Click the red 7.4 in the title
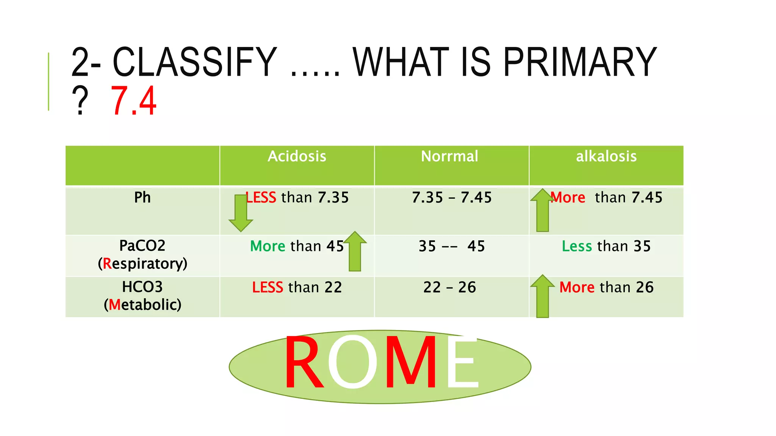(x=133, y=101)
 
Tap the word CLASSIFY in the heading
(x=195, y=62)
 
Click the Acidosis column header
(x=297, y=156)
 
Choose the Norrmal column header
(x=449, y=156)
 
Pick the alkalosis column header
(x=606, y=156)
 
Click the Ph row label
(x=142, y=198)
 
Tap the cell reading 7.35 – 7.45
(x=452, y=198)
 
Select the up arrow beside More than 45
(x=355, y=252)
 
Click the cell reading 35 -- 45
(x=452, y=246)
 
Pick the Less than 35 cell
(x=606, y=246)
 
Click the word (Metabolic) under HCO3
(x=142, y=305)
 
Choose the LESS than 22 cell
(x=297, y=288)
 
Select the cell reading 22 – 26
(x=449, y=288)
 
